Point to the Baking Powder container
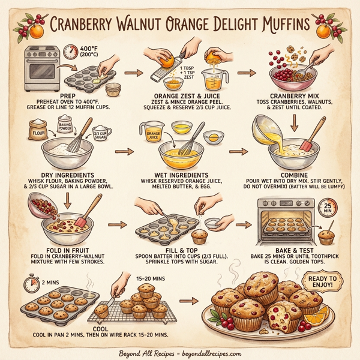65,127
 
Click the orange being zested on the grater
168,60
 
